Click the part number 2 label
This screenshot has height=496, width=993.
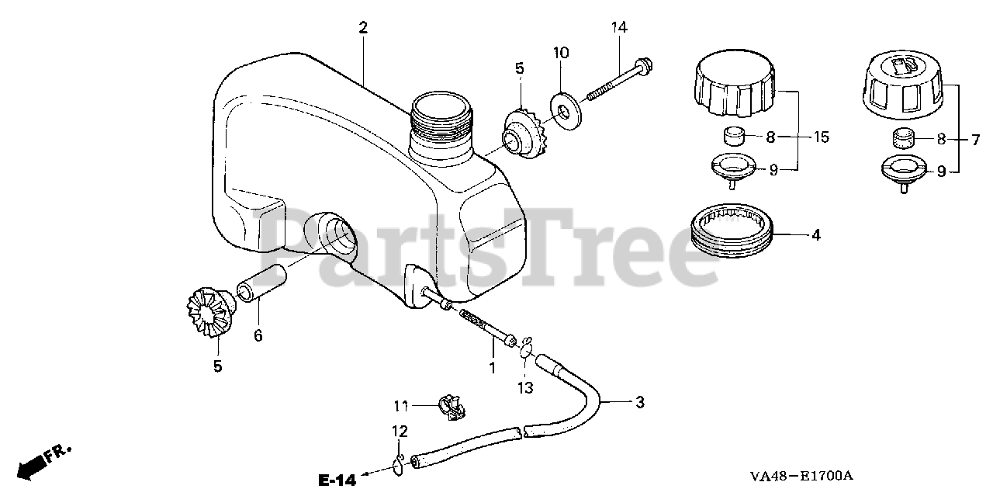point(363,28)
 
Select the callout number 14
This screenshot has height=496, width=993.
point(618,28)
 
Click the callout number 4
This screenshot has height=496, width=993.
point(815,234)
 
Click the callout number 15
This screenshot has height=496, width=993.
point(822,137)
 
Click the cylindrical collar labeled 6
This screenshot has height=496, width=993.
point(260,284)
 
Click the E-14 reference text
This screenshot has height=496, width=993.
point(336,480)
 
